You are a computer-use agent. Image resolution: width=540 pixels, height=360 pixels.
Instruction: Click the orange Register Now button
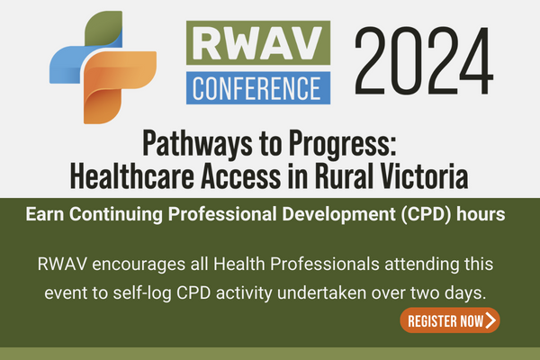click(x=450, y=320)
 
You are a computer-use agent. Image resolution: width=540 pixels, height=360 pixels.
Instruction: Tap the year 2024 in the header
click(x=424, y=60)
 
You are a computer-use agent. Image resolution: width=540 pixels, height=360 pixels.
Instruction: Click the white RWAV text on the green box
click(x=258, y=43)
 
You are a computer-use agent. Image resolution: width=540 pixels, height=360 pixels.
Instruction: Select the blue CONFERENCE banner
click(x=258, y=88)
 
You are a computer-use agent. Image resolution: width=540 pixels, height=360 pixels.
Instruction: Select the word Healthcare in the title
click(x=132, y=176)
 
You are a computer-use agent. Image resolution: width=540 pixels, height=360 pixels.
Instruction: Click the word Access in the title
click(x=240, y=176)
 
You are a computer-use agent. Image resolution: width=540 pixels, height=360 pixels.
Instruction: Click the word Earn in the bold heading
click(x=45, y=214)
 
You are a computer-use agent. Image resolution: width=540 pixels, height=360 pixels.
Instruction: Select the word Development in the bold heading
click(x=338, y=215)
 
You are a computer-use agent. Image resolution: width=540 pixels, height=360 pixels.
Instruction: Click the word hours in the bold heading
click(x=481, y=214)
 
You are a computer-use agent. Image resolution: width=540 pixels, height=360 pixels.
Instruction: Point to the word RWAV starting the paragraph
click(x=62, y=265)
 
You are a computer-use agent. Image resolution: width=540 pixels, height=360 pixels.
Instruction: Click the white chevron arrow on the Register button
click(x=490, y=320)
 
